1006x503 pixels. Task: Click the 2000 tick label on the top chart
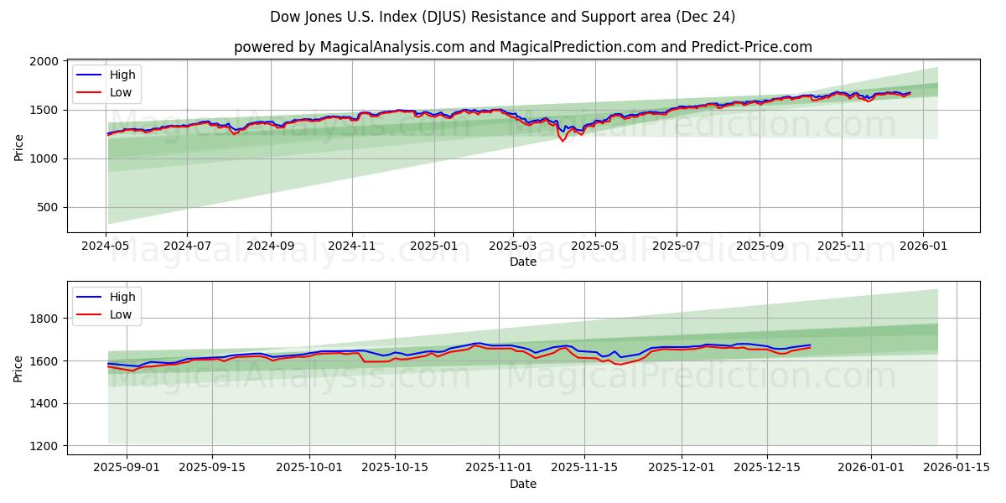[x=44, y=62]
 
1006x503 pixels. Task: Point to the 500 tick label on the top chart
[x=47, y=207]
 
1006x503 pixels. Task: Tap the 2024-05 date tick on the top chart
[x=106, y=246]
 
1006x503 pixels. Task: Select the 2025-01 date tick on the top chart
[x=433, y=246]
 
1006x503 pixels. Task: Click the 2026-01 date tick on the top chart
[x=923, y=246]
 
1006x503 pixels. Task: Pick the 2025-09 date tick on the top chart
[x=760, y=246]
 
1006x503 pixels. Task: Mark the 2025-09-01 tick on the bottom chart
[x=127, y=468]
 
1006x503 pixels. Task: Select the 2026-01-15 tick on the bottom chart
[x=957, y=468]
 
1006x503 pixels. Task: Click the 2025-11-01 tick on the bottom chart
[x=499, y=468]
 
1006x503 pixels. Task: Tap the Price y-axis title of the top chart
[x=19, y=147]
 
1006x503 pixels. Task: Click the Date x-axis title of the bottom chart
[x=523, y=484]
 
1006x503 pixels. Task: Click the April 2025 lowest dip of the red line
[x=563, y=141]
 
